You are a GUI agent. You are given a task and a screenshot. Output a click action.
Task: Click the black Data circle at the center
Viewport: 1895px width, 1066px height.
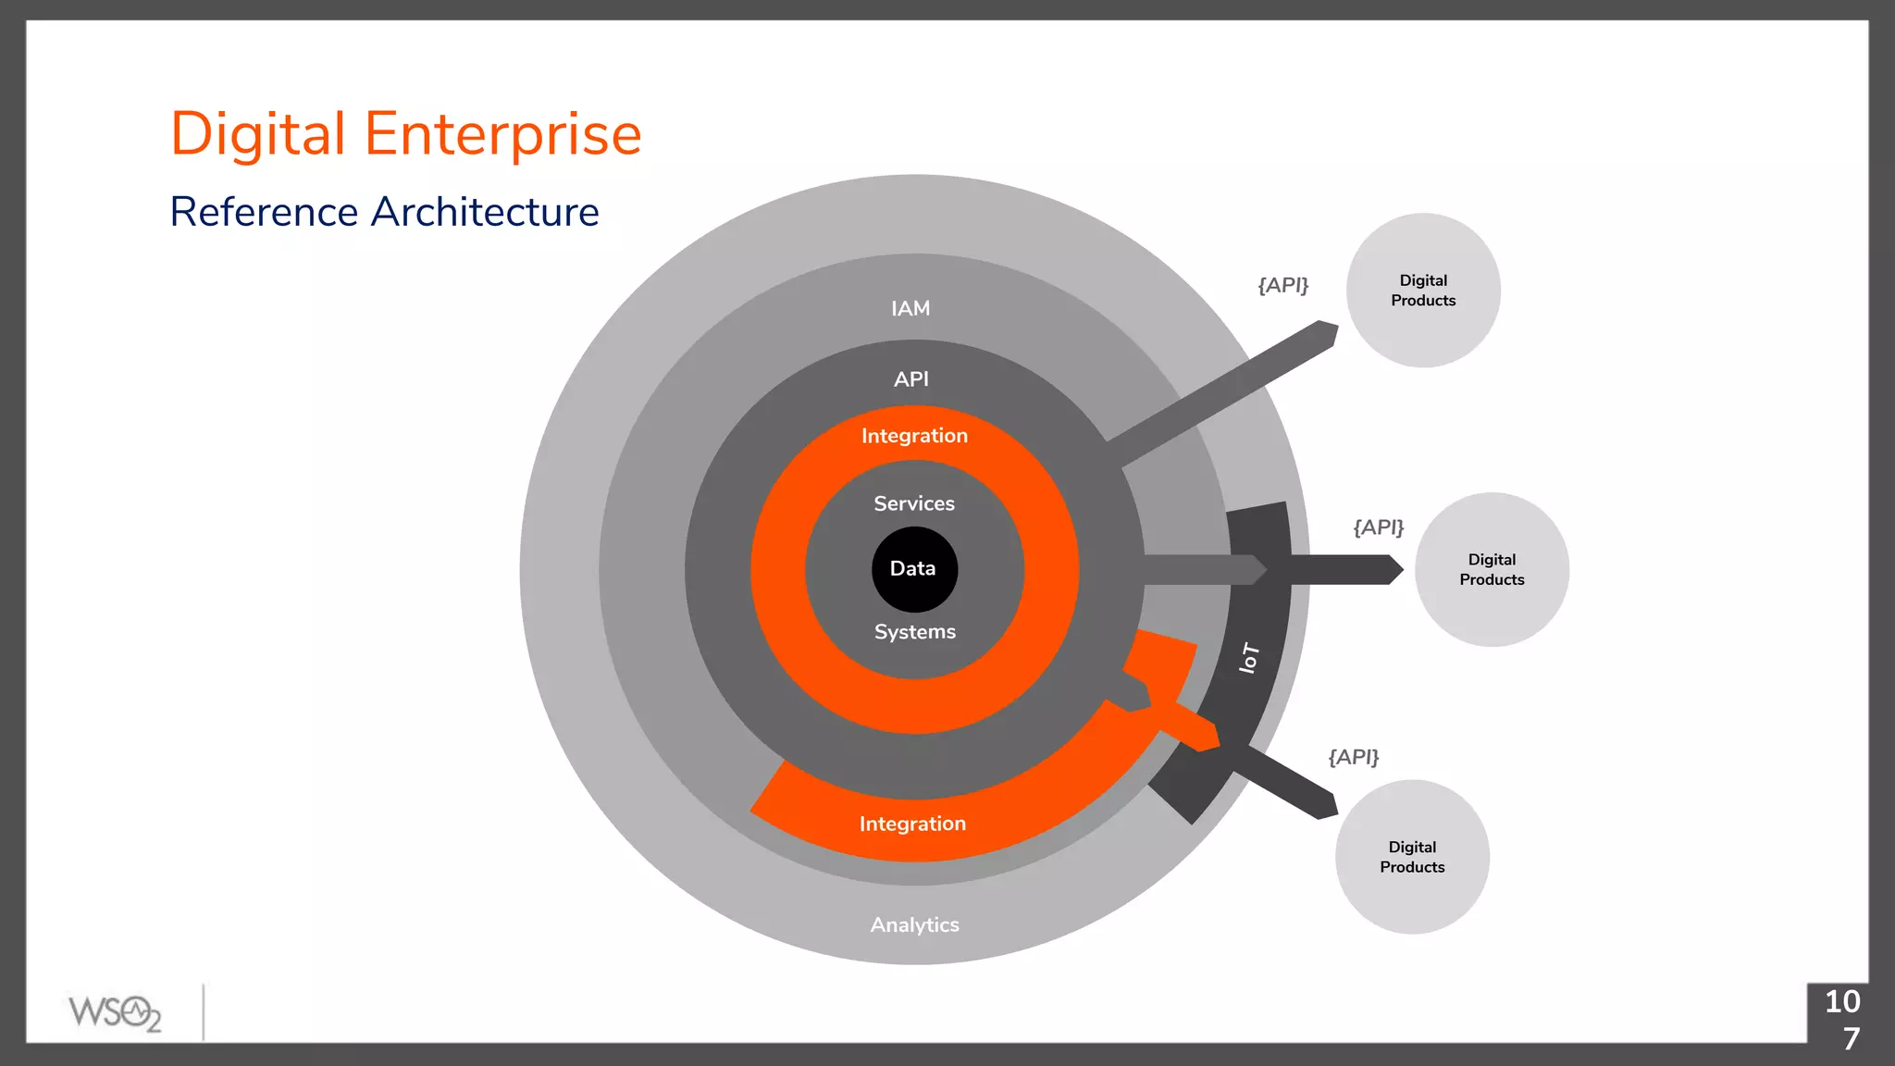tap(914, 569)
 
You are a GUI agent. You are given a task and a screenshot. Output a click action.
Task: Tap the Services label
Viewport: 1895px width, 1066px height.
tap(914, 503)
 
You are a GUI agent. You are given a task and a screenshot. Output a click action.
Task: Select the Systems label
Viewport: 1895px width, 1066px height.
tap(914, 632)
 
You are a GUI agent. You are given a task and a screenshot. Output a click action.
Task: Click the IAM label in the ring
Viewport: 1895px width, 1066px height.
tap(910, 308)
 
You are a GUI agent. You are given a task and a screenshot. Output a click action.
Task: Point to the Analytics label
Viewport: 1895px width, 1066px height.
tap(914, 924)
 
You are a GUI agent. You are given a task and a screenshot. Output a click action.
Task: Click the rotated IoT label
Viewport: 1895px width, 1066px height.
tap(1249, 658)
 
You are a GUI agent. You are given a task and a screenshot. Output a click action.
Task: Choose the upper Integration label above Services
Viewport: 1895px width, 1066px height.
tap(914, 436)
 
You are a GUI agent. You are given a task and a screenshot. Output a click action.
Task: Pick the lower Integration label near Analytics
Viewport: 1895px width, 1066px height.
tap(912, 824)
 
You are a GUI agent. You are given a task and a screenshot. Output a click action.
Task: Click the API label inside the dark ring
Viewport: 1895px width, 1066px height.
tap(911, 378)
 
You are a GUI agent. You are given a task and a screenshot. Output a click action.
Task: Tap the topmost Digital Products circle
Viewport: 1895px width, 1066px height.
tap(1423, 291)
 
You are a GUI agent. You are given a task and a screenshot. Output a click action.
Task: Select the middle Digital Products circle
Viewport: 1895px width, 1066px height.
tap(1492, 570)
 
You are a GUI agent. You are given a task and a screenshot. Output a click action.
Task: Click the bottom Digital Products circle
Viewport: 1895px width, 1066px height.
tap(1412, 857)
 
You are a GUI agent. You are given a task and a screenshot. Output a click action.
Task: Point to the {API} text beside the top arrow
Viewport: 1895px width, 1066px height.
tap(1283, 285)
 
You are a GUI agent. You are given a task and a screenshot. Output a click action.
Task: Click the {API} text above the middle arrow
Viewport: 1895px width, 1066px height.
tap(1379, 527)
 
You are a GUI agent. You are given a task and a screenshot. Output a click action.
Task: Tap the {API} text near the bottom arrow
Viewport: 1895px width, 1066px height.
tap(1354, 757)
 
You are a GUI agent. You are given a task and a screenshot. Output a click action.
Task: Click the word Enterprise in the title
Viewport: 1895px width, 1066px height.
tap(502, 134)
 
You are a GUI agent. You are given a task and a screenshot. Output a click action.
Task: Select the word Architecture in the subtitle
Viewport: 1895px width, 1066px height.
tap(485, 212)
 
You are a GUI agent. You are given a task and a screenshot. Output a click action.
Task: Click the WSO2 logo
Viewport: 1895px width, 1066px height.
tap(115, 1012)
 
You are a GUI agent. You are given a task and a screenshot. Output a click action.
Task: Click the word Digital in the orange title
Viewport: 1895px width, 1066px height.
tap(258, 134)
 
